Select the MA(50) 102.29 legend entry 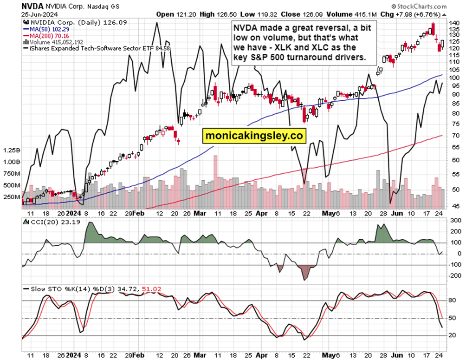pos(45,29)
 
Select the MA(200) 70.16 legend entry pos(45,35)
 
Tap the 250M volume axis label pos(12,197)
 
